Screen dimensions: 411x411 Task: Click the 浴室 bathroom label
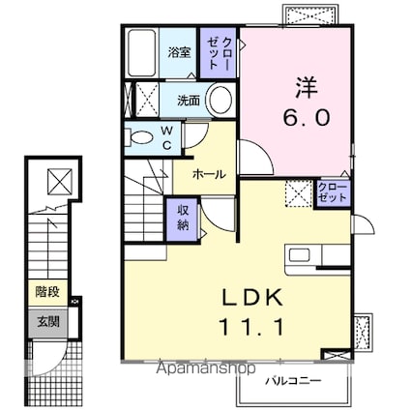(177, 52)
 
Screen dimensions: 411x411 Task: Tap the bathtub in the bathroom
(143, 54)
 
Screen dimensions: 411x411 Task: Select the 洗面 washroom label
(189, 100)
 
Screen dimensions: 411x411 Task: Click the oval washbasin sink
(220, 100)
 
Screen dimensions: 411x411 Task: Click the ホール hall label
(210, 174)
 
